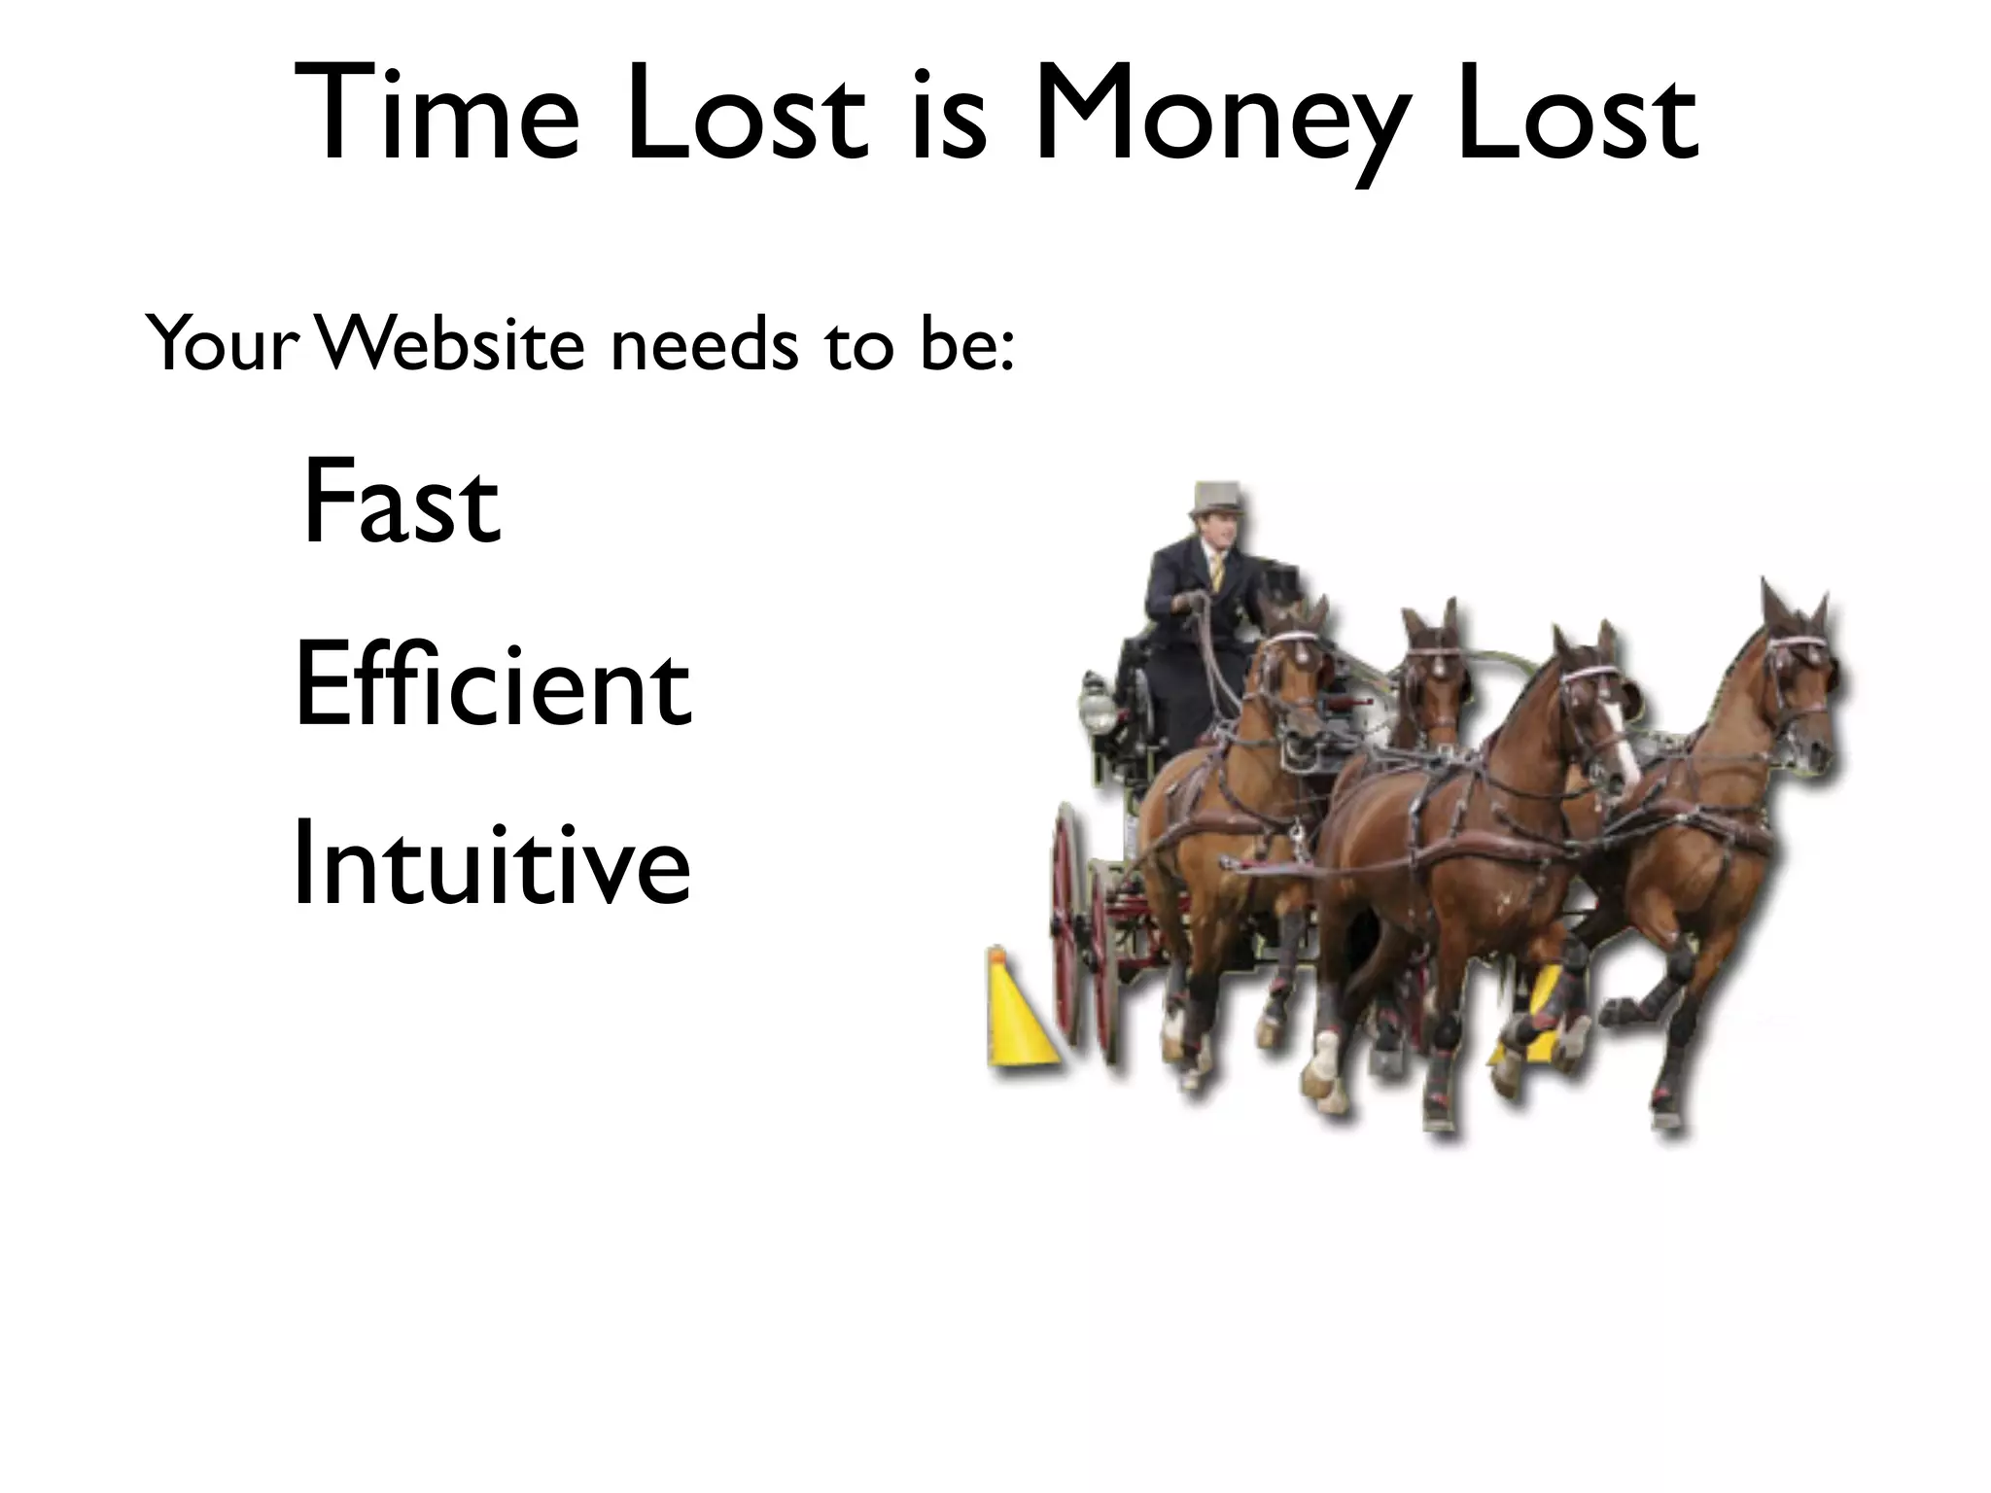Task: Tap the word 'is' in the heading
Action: pos(949,115)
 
